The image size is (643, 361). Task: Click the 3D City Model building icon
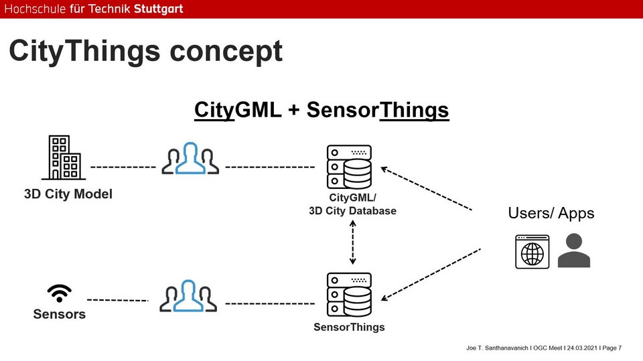coord(64,158)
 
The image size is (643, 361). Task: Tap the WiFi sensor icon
coord(60,293)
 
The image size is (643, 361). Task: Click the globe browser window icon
coord(532,252)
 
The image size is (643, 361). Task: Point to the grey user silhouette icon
coord(574,251)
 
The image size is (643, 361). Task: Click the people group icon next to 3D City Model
coord(190,158)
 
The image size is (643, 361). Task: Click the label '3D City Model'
coord(68,195)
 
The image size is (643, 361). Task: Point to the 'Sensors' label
coord(60,314)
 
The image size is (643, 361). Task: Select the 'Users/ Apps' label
coord(551,214)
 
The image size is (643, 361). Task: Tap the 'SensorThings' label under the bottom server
coord(349,328)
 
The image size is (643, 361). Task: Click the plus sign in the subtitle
coord(294,110)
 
